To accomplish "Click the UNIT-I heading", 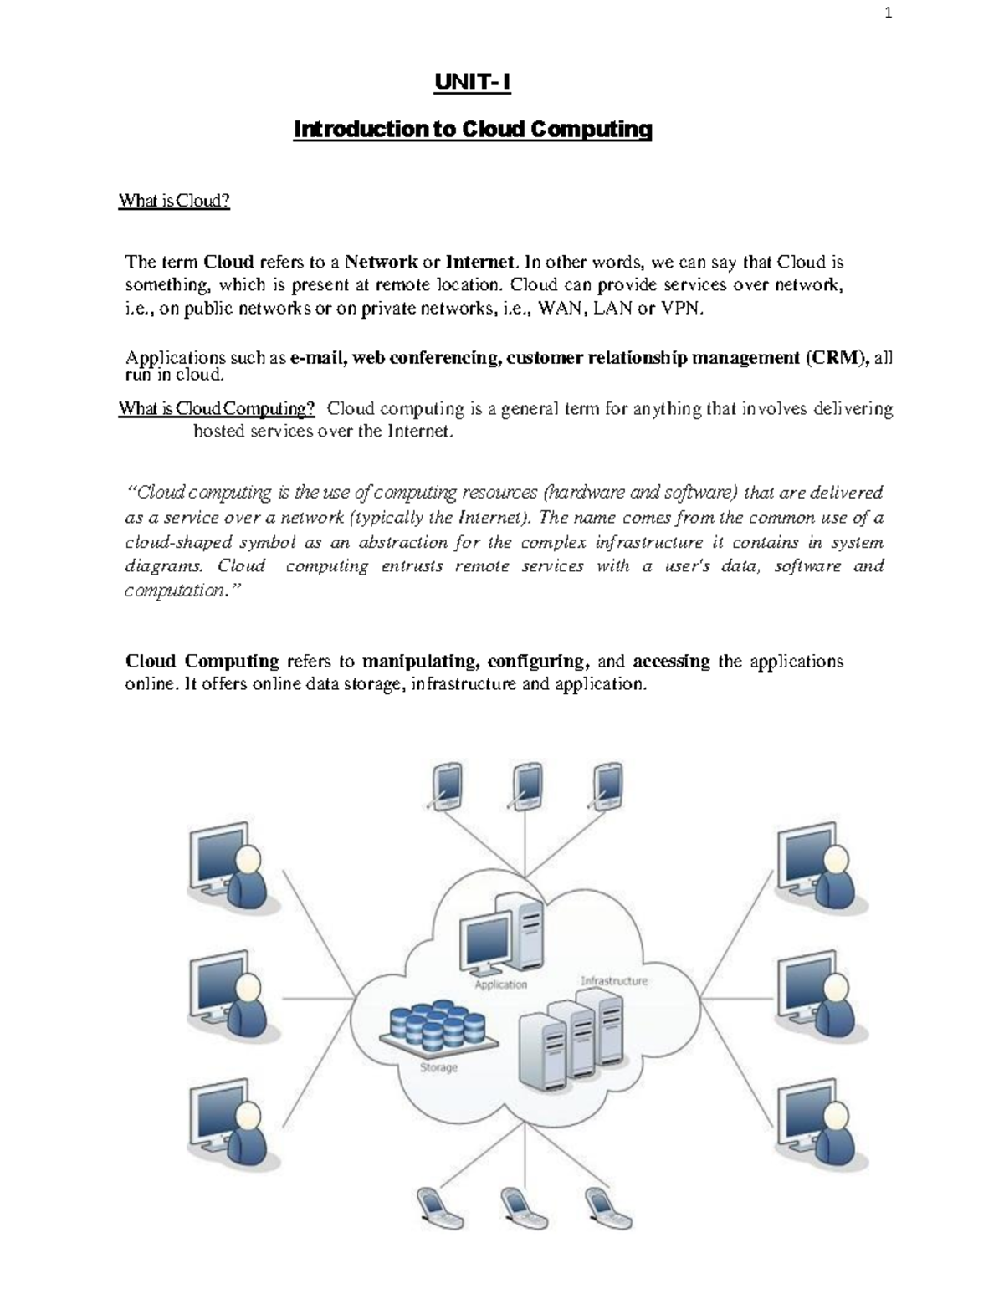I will (472, 83).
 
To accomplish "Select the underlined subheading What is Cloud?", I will (174, 201).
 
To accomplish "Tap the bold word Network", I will (382, 262).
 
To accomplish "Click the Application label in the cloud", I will (501, 984).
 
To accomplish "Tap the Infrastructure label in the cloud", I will (613, 980).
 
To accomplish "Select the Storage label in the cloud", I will (438, 1067).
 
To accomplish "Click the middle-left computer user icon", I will (228, 994).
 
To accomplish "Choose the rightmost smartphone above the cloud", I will (607, 785).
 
